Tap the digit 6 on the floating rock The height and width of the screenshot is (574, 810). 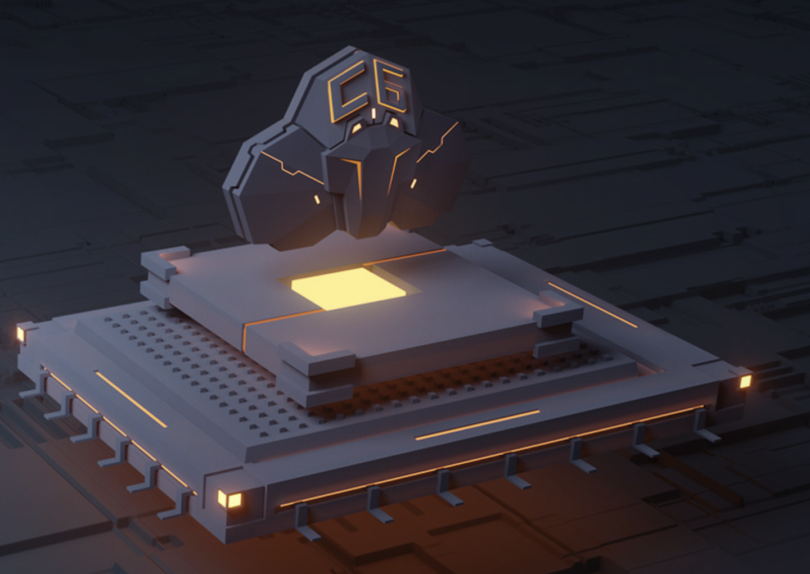393,89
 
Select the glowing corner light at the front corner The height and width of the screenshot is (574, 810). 229,499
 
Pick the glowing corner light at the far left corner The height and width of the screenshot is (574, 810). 21,333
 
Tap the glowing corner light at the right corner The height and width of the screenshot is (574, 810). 745,381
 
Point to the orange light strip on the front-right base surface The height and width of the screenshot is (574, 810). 478,425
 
